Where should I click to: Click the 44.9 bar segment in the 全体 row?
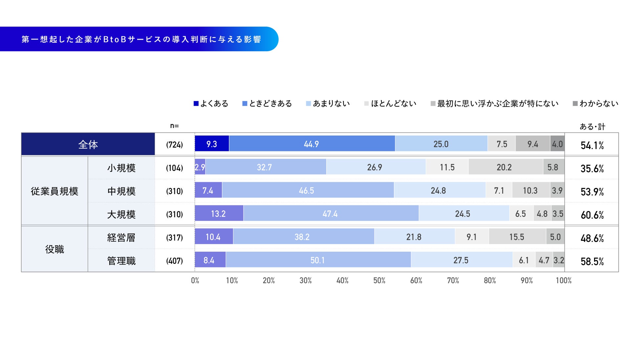312,144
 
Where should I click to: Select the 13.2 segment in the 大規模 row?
219,213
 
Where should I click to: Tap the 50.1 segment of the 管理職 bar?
318,260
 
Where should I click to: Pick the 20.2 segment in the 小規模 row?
505,167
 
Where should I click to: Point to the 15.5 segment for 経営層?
517,237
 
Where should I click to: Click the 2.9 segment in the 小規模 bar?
200,167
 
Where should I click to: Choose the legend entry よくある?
211,104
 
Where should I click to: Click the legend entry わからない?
595,104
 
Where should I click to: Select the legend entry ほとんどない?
390,104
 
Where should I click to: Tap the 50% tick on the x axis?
379,281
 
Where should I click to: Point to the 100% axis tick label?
564,281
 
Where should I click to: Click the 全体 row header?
88,144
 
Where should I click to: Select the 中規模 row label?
121,191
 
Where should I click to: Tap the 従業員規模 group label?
54,191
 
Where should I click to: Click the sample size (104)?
174,168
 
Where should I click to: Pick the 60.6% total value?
592,215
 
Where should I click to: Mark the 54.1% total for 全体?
592,145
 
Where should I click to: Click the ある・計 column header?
592,127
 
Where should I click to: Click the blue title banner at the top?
139,39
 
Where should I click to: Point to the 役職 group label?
54,249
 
